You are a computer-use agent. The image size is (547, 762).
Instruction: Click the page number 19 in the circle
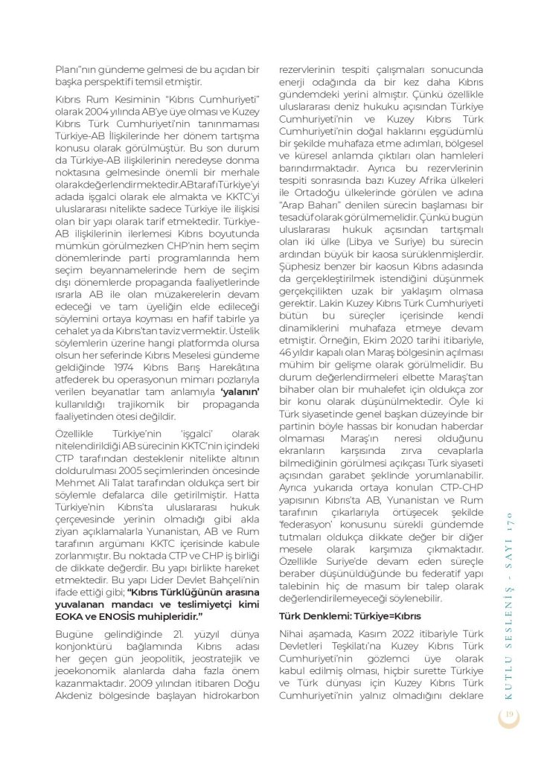point(510,714)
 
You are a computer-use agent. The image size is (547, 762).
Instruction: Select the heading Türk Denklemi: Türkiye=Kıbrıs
point(351,616)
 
